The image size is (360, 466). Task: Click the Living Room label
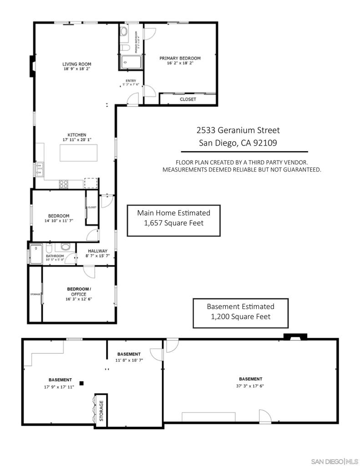point(77,64)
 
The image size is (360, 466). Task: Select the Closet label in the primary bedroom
point(188,99)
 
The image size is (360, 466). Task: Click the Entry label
point(131,81)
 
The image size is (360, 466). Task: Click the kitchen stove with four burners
point(64,184)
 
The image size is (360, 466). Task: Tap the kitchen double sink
point(39,169)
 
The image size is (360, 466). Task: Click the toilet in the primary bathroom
point(124,49)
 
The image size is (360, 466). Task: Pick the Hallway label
point(97,251)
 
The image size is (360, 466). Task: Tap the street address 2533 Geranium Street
point(238,131)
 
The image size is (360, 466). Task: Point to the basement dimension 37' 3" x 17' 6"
point(250,386)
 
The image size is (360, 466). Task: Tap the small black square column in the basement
point(81,383)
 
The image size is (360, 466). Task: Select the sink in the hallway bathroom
point(66,248)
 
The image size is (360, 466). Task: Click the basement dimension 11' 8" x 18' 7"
point(129,360)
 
